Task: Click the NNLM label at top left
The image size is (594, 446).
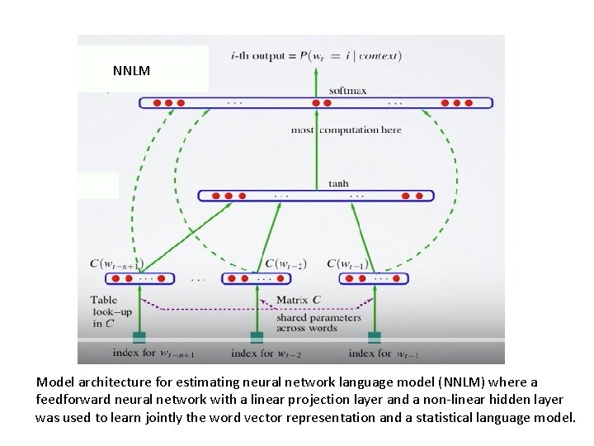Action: (x=131, y=71)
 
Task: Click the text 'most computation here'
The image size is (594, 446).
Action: (x=346, y=130)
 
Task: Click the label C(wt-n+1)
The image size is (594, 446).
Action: (x=117, y=263)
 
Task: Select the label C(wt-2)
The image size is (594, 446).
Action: (x=285, y=264)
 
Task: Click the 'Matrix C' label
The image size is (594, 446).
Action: (x=299, y=299)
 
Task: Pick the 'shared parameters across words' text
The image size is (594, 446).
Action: (x=318, y=322)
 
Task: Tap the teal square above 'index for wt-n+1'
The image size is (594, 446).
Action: (x=139, y=336)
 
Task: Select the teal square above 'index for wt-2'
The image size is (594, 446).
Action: (x=257, y=336)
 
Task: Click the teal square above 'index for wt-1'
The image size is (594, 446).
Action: (x=375, y=336)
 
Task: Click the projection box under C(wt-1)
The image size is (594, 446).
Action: (x=375, y=279)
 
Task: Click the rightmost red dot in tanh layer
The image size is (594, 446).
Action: (x=419, y=197)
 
